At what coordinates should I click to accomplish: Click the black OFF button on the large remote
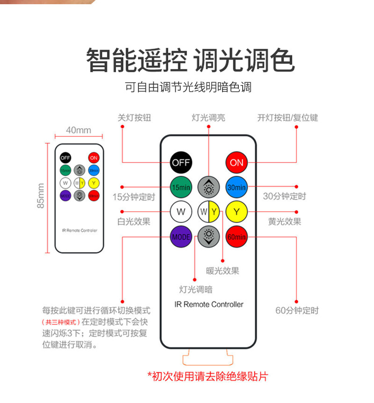pos(181,163)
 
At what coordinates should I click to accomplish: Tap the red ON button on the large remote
pos(237,163)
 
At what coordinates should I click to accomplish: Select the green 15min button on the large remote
pos(181,187)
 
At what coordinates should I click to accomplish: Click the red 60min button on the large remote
pos(237,237)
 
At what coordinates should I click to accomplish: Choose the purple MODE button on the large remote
pos(181,237)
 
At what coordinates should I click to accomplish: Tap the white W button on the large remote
pos(181,212)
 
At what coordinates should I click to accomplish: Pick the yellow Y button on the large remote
pos(237,212)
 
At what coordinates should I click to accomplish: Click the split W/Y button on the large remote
pos(209,212)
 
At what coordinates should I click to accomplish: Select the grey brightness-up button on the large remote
pos(209,187)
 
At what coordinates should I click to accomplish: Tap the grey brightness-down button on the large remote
pos(209,237)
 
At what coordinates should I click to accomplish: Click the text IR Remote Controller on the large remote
pos(209,304)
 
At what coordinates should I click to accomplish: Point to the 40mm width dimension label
pos(79,130)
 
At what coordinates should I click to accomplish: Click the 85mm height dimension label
pos(41,196)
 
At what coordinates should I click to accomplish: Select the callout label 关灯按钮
pos(134,118)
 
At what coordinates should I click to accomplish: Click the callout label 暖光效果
pos(223,271)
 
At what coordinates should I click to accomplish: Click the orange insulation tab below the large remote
pos(208,358)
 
